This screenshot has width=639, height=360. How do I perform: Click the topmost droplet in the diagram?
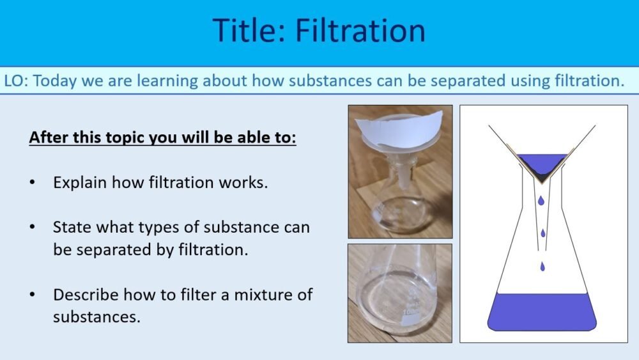click(541, 201)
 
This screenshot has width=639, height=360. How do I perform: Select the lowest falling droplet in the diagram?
click(543, 266)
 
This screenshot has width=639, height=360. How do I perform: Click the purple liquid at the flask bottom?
click(542, 311)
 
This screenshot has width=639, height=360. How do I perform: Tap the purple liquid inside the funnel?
click(542, 160)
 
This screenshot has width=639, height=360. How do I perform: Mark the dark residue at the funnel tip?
click(542, 173)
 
